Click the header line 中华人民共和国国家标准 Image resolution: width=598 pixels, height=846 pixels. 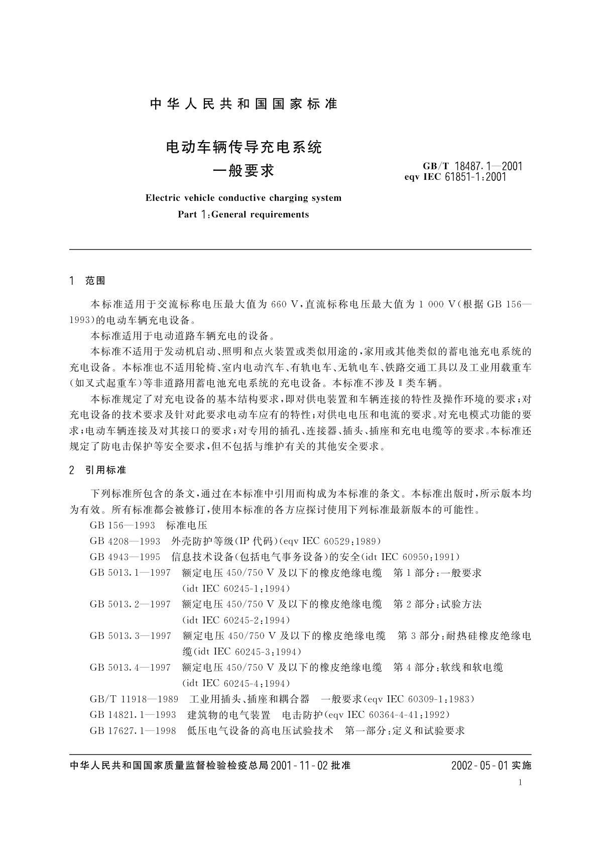(244, 104)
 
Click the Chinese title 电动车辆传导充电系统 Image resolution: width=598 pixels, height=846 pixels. (244, 148)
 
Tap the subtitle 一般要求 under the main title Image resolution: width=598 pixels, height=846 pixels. (244, 171)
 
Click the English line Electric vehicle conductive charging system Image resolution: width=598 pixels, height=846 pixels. (244, 198)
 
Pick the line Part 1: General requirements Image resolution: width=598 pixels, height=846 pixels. (244, 215)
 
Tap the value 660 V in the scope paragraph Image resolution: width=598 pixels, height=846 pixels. (285, 304)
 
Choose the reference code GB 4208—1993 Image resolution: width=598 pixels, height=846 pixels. (125, 541)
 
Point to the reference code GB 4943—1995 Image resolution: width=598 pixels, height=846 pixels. (125, 557)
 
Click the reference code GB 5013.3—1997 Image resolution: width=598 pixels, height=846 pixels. (130, 636)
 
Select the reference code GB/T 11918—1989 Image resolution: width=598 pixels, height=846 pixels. (134, 699)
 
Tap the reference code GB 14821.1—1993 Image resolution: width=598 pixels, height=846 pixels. (133, 715)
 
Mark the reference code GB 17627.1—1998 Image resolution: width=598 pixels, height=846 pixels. (133, 731)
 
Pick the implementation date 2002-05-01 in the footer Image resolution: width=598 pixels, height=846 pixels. (480, 766)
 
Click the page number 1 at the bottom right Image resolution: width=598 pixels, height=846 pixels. (520, 783)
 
